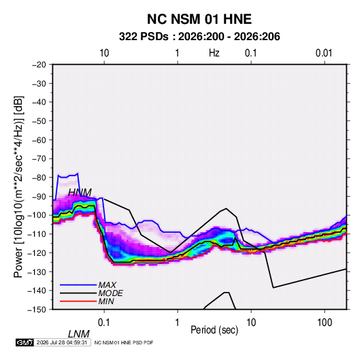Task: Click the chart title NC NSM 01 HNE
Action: (199, 19)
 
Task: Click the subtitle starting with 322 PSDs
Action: (199, 37)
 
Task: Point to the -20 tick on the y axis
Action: (39, 65)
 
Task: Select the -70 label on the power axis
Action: (39, 159)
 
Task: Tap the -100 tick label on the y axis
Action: (37, 215)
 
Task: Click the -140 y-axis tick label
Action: (37, 291)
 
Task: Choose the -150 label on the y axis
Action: (37, 310)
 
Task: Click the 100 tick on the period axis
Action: (325, 323)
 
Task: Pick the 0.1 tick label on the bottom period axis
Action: (104, 323)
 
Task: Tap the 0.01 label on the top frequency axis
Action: (324, 53)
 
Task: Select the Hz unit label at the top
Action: (214, 53)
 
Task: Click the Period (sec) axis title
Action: (214, 330)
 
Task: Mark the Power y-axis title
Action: (18, 186)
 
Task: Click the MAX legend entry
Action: (107, 284)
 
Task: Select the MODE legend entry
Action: (110, 293)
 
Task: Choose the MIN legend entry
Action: (106, 301)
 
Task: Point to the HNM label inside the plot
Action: (80, 193)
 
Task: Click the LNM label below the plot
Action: (78, 334)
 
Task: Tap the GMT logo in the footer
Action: (24, 342)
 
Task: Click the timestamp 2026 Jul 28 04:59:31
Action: (62, 342)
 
